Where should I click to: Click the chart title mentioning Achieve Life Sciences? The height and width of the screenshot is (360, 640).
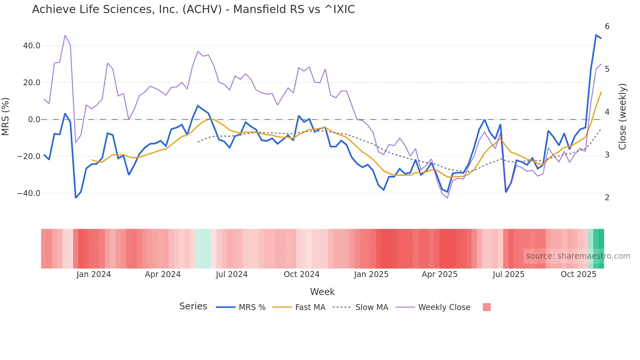click(193, 9)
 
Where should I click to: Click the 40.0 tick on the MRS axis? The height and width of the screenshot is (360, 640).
click(32, 46)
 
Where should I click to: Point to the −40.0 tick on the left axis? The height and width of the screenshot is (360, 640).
click(29, 193)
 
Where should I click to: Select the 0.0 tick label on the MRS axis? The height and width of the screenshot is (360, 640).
click(34, 120)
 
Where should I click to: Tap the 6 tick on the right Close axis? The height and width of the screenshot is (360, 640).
click(607, 26)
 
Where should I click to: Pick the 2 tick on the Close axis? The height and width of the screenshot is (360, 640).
click(607, 198)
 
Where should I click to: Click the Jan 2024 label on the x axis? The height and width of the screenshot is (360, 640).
click(94, 274)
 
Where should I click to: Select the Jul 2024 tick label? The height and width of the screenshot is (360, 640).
click(232, 274)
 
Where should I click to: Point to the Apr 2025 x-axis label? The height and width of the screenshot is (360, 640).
click(440, 274)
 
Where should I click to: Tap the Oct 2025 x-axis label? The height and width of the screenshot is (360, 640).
click(578, 274)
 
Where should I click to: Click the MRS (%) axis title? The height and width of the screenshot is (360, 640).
click(6, 117)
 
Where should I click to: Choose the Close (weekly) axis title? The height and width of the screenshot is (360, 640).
click(623, 117)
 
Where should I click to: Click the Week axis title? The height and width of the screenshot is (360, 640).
click(322, 292)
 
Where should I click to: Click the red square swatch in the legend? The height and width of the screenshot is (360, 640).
click(487, 307)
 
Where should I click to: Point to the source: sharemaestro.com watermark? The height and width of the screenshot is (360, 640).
click(578, 256)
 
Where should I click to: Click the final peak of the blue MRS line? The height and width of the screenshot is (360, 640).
click(596, 35)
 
